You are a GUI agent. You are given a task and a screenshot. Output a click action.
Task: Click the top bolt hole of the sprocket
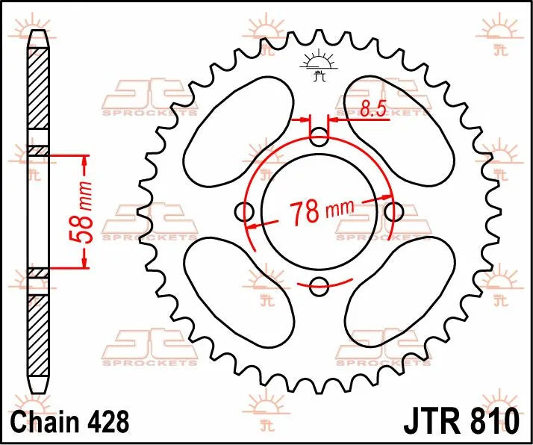[319, 137]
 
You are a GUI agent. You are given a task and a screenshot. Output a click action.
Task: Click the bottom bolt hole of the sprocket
[319, 284]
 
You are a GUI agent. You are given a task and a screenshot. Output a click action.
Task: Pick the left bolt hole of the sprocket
[246, 211]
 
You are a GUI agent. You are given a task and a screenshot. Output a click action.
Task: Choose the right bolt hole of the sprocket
[392, 211]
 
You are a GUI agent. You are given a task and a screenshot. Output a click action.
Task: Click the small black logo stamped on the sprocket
[319, 67]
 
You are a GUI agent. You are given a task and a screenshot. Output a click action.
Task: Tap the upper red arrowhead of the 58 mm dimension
[84, 160]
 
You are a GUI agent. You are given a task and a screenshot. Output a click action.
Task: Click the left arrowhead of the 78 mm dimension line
[252, 225]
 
